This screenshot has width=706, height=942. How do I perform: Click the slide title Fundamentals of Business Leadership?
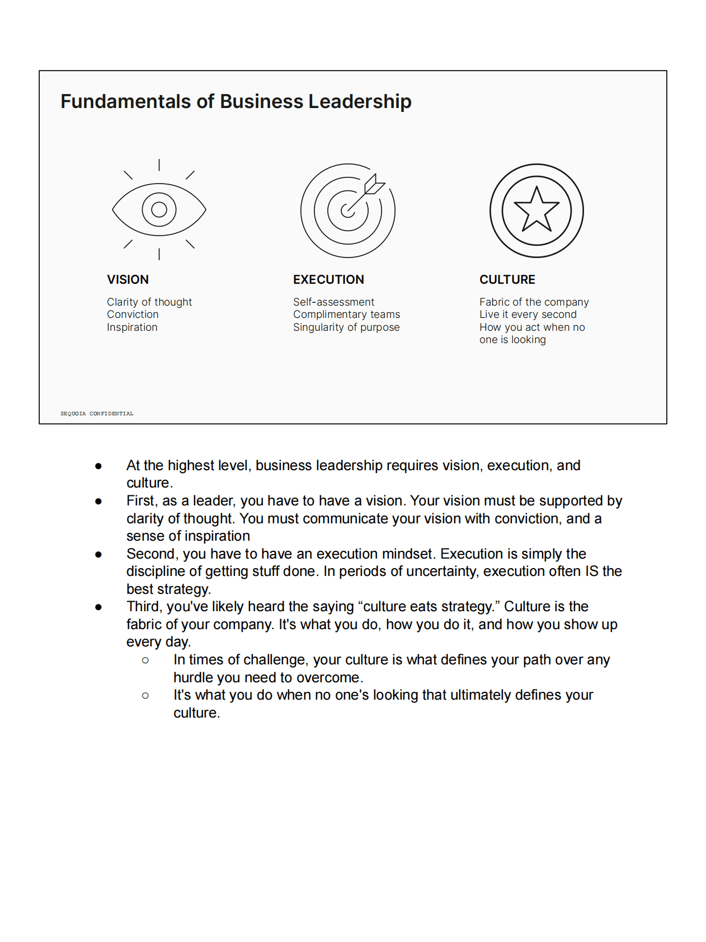click(236, 101)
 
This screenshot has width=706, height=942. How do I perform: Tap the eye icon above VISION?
click(159, 209)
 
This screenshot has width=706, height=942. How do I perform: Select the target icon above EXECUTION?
click(347, 210)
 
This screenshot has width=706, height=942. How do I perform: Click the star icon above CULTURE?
click(536, 210)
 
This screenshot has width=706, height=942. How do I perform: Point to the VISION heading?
click(128, 279)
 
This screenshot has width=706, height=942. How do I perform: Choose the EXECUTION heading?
click(328, 279)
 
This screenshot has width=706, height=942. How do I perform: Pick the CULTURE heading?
click(507, 279)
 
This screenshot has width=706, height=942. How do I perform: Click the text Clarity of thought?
click(149, 302)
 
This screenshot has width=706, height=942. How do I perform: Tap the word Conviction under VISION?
click(133, 314)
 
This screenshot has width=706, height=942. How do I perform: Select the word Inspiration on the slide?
click(132, 327)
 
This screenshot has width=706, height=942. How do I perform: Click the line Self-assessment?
click(333, 302)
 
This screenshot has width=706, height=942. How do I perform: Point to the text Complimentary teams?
click(346, 314)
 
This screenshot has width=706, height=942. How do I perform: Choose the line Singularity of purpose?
click(346, 327)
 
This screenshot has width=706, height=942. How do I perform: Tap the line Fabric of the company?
click(534, 302)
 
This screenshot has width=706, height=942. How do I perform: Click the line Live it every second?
click(528, 314)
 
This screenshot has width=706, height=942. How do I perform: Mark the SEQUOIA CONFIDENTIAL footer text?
click(97, 414)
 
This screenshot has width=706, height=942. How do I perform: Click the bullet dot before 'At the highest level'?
click(98, 466)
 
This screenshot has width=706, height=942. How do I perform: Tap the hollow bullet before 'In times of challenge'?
click(145, 660)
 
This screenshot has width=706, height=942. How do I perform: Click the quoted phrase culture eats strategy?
click(428, 606)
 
